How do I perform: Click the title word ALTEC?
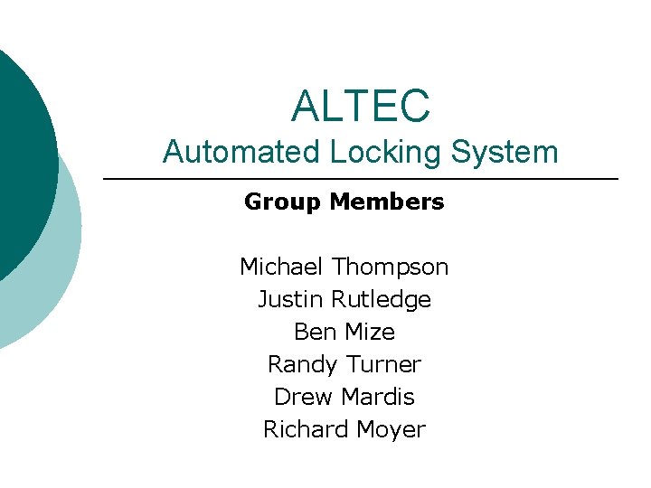(x=360, y=106)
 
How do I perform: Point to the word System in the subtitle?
(x=506, y=152)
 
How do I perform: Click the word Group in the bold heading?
(x=282, y=202)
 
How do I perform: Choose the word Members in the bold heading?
(x=387, y=202)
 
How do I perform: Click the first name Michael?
(x=281, y=267)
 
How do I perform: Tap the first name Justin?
(x=290, y=299)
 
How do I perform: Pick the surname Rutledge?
(x=381, y=300)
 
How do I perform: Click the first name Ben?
(x=314, y=332)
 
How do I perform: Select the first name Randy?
(x=301, y=365)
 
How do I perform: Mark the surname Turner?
(x=385, y=364)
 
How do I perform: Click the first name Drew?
(x=297, y=397)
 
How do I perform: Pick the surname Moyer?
(x=389, y=430)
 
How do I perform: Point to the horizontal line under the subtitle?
(x=361, y=180)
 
